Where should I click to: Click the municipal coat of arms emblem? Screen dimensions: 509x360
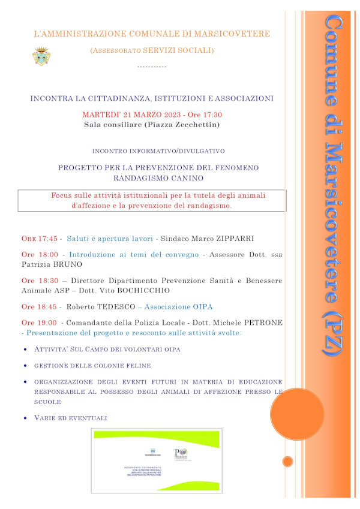pyautogui.click(x=40, y=56)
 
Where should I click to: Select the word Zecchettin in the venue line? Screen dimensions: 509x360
pyautogui.click(x=198, y=125)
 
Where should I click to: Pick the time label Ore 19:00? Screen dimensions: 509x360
pyautogui.click(x=39, y=323)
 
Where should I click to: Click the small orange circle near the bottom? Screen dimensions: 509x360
pyautogui.click(x=288, y=461)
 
